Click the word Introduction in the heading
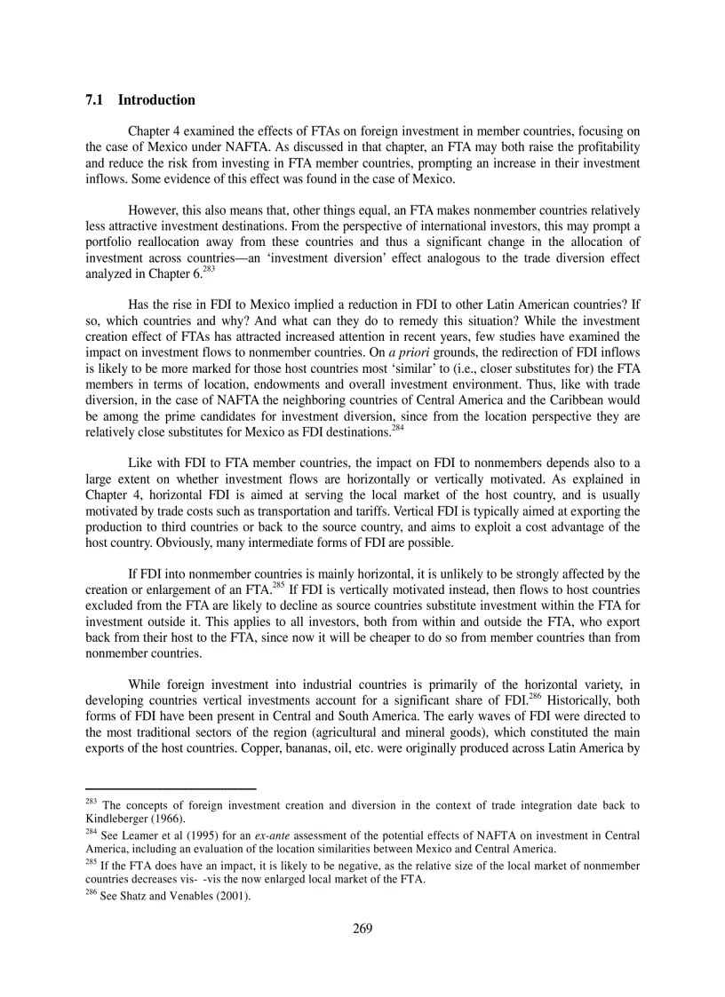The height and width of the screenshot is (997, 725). point(156,99)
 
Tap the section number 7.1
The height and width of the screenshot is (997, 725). point(95,99)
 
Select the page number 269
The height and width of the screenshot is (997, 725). point(362,929)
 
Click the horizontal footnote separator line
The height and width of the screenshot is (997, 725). point(171,788)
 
